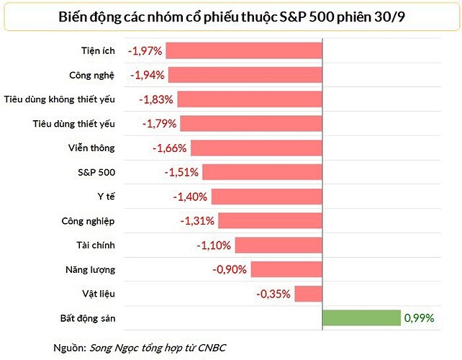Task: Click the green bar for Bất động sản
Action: click(x=361, y=318)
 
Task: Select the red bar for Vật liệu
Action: click(x=308, y=294)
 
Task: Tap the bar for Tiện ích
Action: click(x=245, y=50)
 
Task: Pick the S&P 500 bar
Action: click(x=262, y=172)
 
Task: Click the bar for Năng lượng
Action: click(x=286, y=269)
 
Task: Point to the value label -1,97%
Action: click(x=146, y=51)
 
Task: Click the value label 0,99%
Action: click(x=419, y=318)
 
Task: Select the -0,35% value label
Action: click(x=273, y=294)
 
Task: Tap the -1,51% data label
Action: click(x=183, y=172)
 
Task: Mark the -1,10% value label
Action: click(x=214, y=246)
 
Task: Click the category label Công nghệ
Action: click(x=92, y=75)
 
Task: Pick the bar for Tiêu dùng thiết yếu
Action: click(x=250, y=123)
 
